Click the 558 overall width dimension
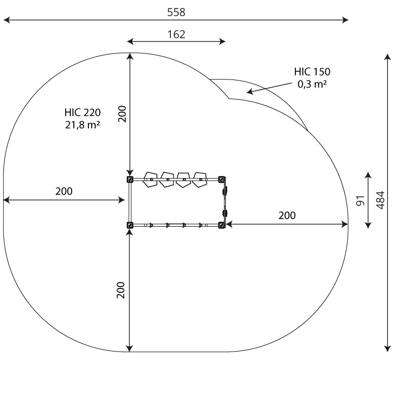176,12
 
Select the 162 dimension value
176,34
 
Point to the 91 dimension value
360,200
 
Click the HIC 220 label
82,113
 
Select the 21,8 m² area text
82,125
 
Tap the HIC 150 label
312,72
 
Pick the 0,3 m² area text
312,84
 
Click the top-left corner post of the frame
130,179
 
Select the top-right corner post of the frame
221,179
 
